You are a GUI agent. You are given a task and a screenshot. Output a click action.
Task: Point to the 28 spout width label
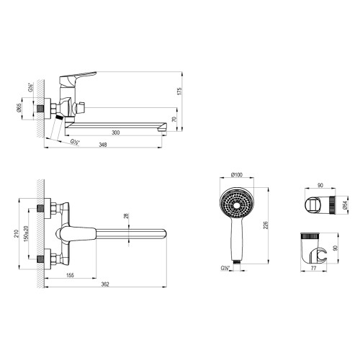(126, 216)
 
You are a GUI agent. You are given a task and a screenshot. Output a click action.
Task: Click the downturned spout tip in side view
(163, 127)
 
